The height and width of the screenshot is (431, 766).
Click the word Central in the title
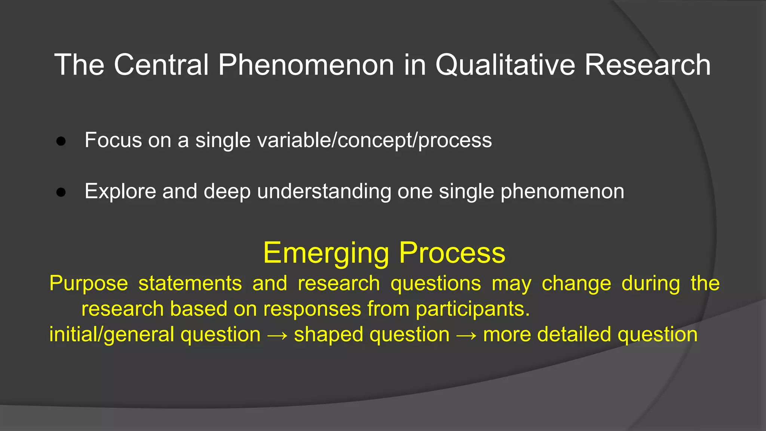pyautogui.click(x=161, y=65)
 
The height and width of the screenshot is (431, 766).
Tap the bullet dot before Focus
pyautogui.click(x=61, y=141)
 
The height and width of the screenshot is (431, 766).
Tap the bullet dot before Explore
pyautogui.click(x=61, y=192)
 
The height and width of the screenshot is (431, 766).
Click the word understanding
pyautogui.click(x=324, y=192)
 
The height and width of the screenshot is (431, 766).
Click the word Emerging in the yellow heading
pyautogui.click(x=326, y=253)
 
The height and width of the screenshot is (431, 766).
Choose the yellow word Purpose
pyautogui.click(x=89, y=283)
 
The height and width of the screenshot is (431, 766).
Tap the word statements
pyautogui.click(x=190, y=283)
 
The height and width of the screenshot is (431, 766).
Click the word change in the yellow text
pyautogui.click(x=576, y=283)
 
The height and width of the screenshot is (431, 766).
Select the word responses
pyautogui.click(x=312, y=309)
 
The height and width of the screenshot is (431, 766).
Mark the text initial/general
pyautogui.click(x=111, y=334)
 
